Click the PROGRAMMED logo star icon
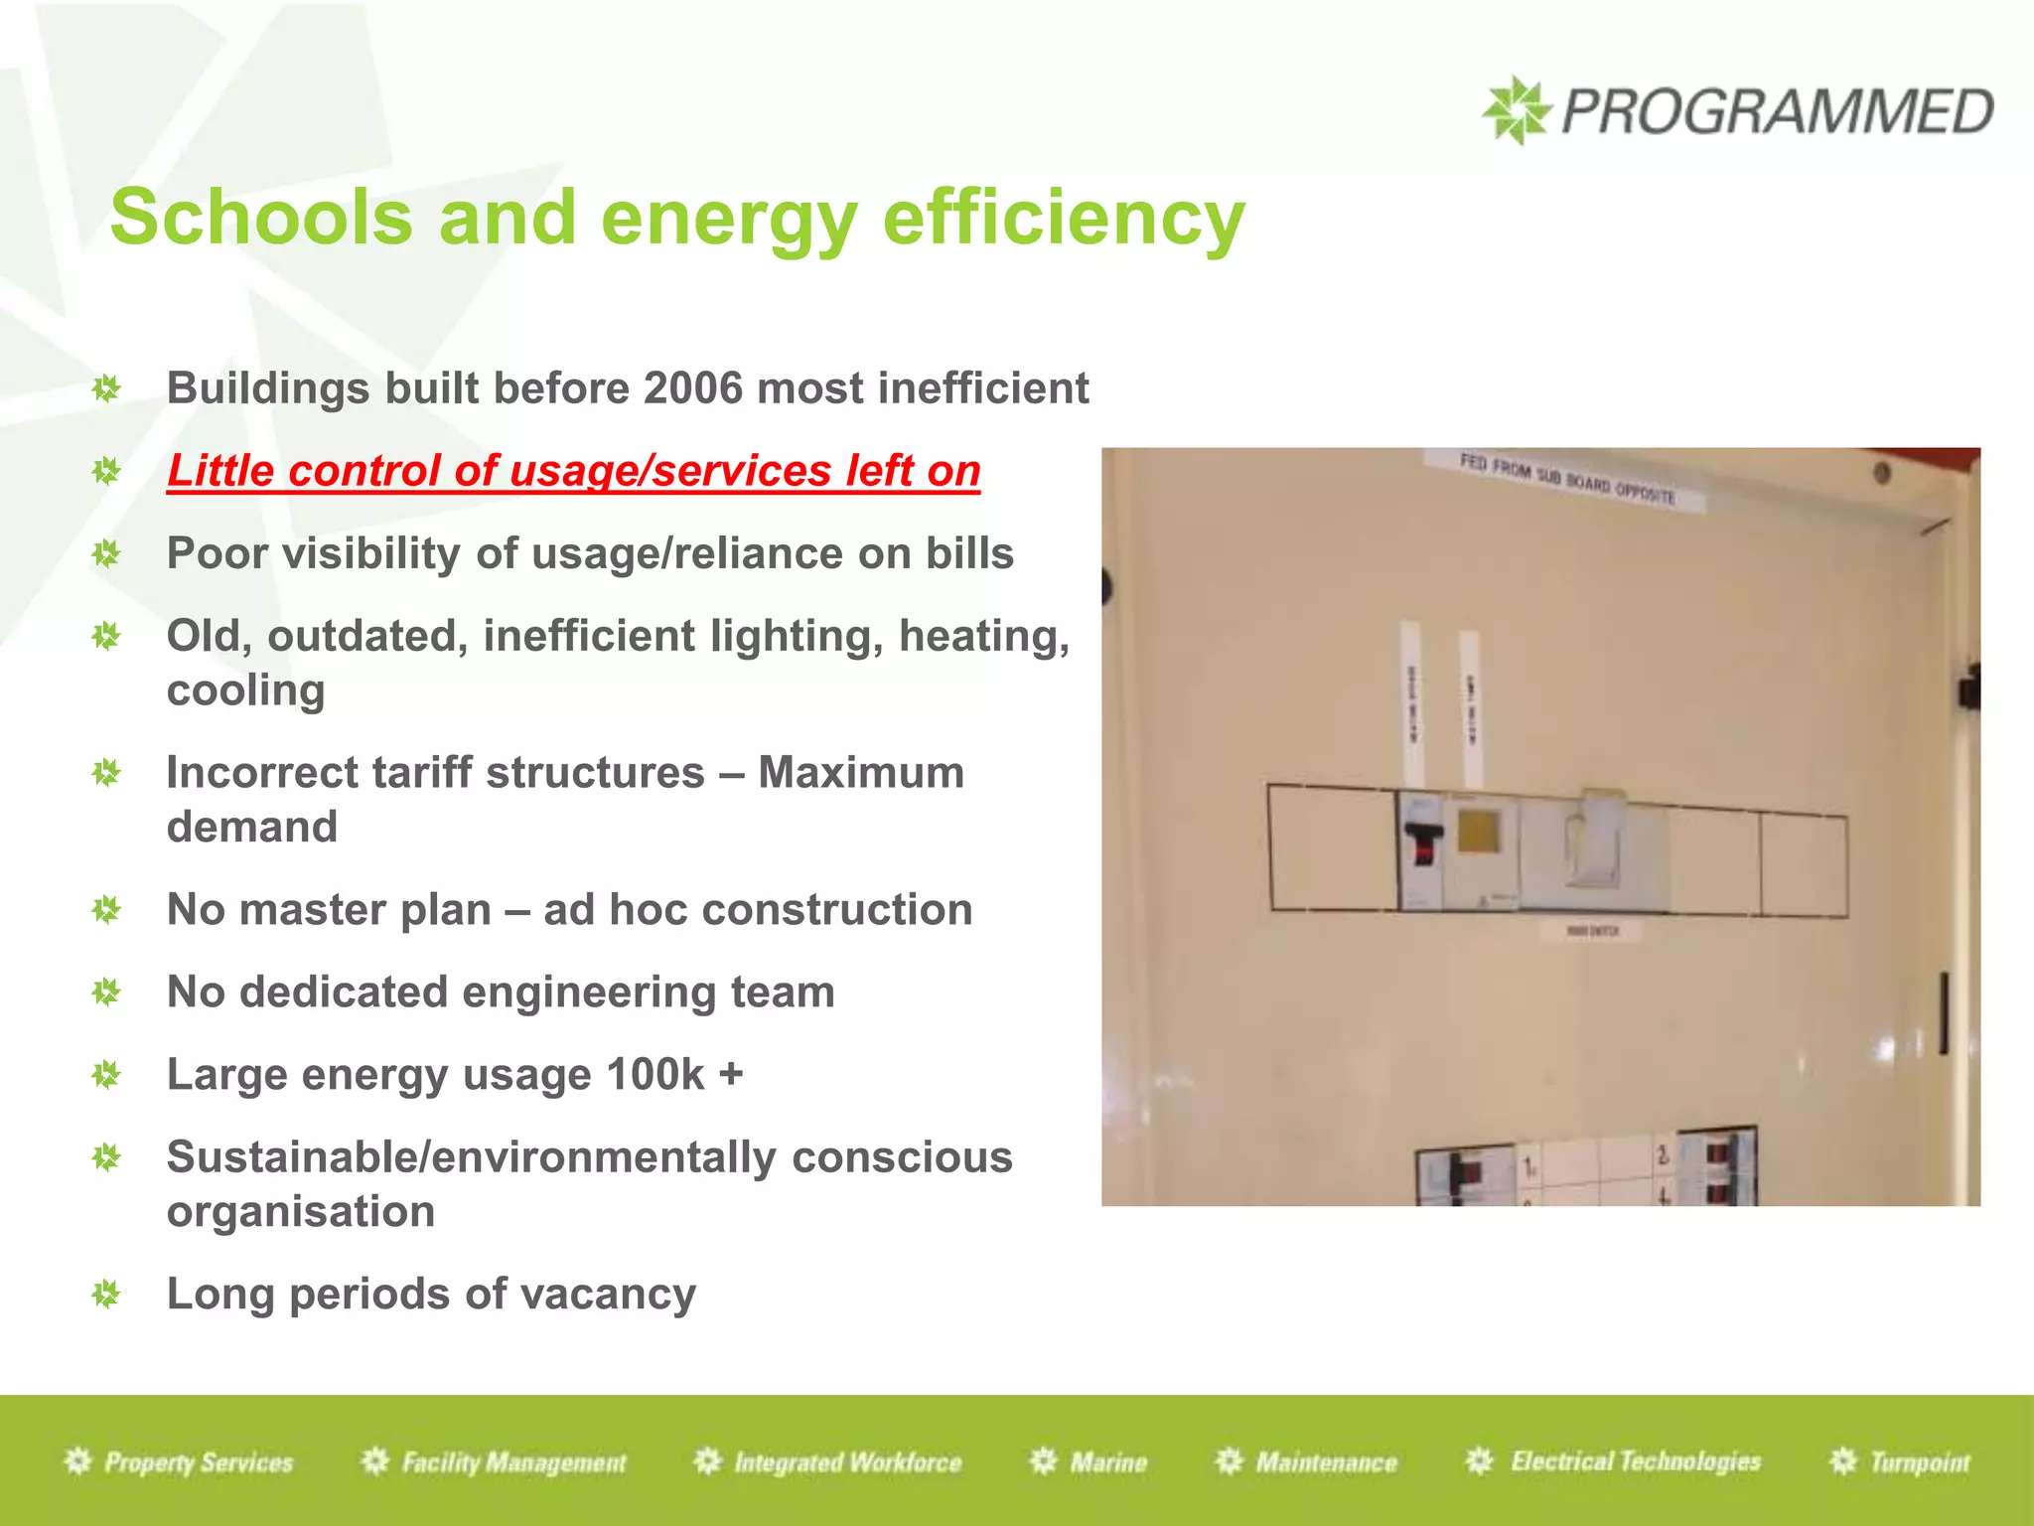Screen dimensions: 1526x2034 (x=1516, y=109)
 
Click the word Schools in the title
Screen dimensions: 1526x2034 (x=261, y=218)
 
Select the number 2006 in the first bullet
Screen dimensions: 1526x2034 (x=693, y=388)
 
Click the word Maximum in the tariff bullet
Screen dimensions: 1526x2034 (x=861, y=773)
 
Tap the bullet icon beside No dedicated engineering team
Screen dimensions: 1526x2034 (x=106, y=992)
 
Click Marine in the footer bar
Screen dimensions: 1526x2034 (x=1108, y=1462)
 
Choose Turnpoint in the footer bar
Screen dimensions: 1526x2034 (x=1919, y=1462)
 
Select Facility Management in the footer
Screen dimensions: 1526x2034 (x=513, y=1462)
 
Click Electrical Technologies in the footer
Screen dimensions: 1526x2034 (x=1635, y=1461)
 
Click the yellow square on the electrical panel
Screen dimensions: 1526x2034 (x=1478, y=831)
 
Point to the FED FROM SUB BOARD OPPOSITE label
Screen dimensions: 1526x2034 (x=1566, y=479)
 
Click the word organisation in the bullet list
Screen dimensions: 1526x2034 (x=301, y=1212)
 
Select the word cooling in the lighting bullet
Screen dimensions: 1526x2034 (x=245, y=690)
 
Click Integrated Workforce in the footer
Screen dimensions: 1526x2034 (x=847, y=1462)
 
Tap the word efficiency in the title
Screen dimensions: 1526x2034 (x=1063, y=218)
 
